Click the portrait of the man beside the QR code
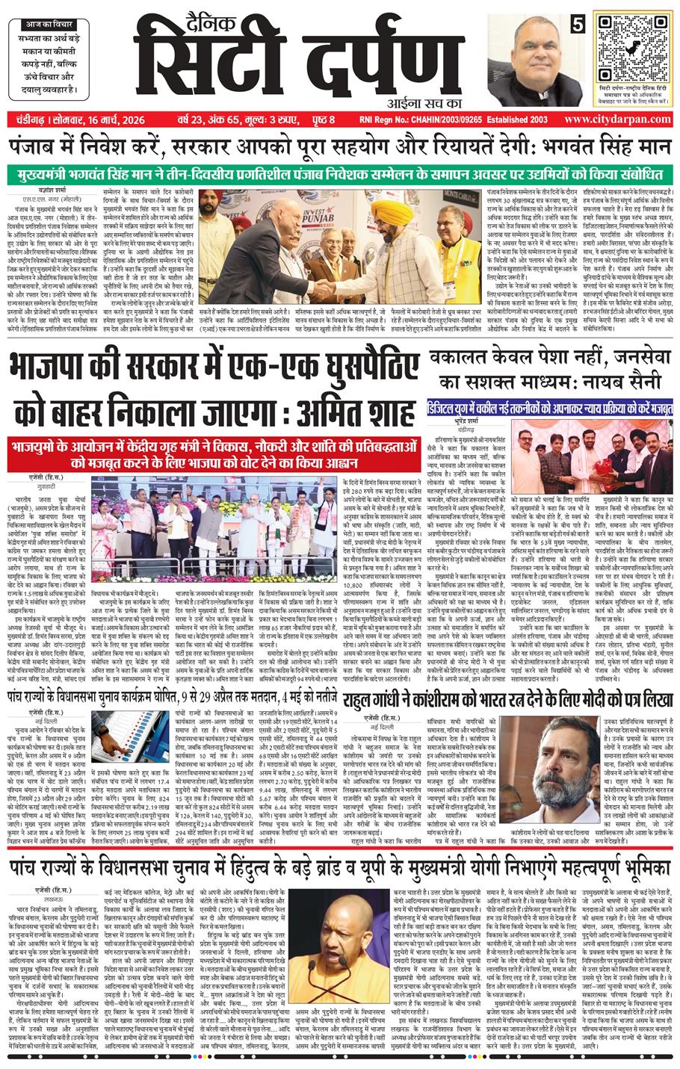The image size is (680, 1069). (x=532, y=56)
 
